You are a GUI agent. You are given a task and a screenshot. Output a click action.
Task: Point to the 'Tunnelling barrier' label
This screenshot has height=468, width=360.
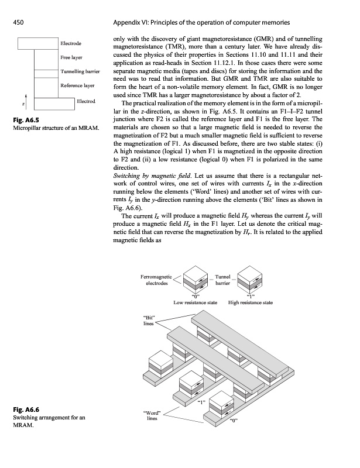[81, 72]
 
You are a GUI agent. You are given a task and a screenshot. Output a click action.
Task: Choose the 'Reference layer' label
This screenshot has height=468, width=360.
[77, 86]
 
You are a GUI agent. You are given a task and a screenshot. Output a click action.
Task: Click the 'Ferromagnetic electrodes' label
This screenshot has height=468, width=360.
[155, 280]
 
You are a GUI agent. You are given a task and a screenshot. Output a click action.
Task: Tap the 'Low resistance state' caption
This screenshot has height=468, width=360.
[196, 303]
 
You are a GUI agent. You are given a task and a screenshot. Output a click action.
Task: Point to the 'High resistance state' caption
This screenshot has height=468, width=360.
[250, 303]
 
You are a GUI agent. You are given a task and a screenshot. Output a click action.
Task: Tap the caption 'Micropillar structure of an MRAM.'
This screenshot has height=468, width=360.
[54, 129]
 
